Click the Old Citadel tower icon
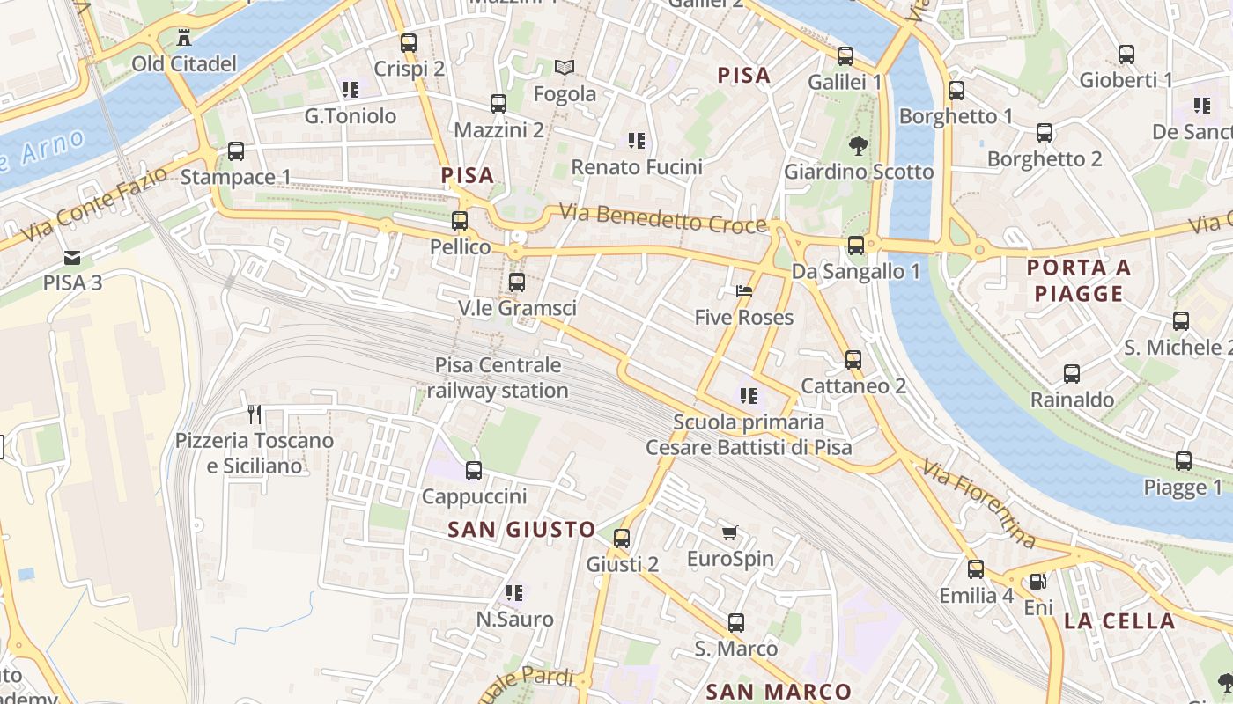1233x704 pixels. click(184, 38)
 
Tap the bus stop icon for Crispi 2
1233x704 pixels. click(408, 42)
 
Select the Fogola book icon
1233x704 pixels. click(565, 68)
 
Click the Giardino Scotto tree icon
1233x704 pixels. click(858, 145)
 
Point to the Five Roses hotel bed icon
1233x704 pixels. click(744, 291)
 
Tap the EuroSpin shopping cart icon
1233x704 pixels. click(729, 532)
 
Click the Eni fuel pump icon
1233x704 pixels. click(1038, 582)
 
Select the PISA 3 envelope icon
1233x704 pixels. click(72, 258)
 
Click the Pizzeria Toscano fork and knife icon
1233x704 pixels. click(255, 414)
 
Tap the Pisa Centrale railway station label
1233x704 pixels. click(498, 378)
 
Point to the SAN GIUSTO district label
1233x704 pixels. click(521, 530)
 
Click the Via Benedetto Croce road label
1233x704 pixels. click(663, 219)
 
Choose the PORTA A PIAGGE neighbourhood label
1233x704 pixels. click(1079, 281)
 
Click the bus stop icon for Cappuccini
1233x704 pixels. click(474, 471)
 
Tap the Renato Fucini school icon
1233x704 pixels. click(636, 141)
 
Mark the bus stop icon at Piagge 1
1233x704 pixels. click(1183, 461)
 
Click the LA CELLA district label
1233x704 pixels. click(1119, 621)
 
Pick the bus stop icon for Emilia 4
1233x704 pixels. click(975, 569)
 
